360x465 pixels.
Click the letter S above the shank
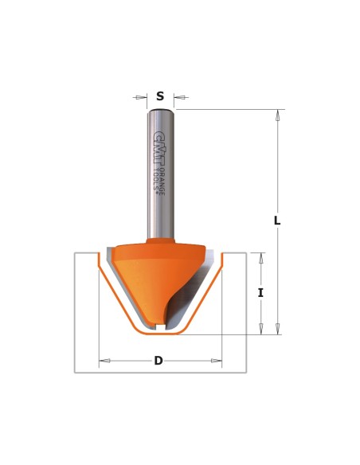coord(160,96)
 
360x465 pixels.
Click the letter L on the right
coord(277,221)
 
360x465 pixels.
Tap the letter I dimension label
coord(260,293)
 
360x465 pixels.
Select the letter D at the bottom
coord(158,361)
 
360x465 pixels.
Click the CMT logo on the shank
coord(159,148)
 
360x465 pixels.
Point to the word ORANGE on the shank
coord(162,182)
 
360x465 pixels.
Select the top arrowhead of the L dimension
coord(277,115)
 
